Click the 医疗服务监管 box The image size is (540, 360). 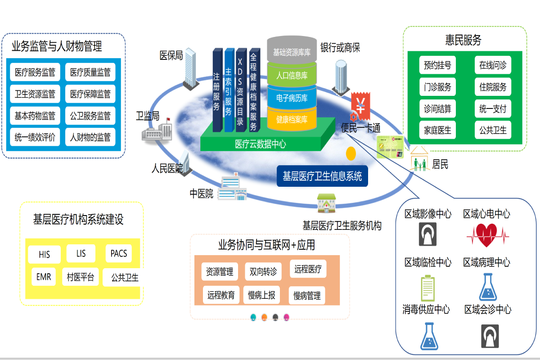click(35, 72)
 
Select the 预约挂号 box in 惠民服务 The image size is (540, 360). click(437, 65)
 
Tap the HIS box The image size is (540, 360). click(44, 254)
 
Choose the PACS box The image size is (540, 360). click(119, 253)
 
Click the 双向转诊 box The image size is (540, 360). click(263, 271)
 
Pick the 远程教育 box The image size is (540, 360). click(221, 295)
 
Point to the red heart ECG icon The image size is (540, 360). click(487, 234)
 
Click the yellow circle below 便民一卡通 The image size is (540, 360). click(351, 153)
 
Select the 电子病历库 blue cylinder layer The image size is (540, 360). click(292, 98)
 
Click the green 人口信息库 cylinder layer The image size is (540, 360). click(292, 75)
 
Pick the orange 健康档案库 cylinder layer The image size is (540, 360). click(292, 119)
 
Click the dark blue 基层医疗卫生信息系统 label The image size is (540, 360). click(322, 176)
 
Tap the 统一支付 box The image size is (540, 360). click(493, 108)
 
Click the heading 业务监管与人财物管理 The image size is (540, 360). click(57, 46)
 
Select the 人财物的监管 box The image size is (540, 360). click(90, 137)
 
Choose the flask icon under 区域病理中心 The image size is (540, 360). click(488, 287)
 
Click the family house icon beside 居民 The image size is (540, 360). click(420, 160)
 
